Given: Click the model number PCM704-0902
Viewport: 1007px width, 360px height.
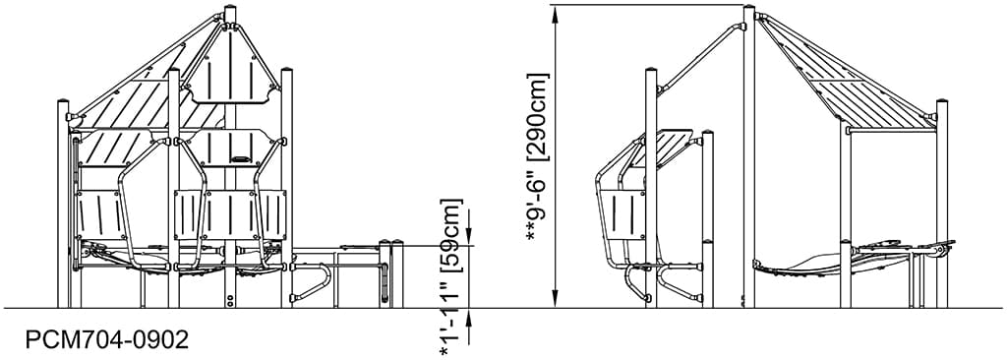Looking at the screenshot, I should click(x=107, y=339).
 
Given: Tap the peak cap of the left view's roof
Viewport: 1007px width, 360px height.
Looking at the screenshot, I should click(x=231, y=14).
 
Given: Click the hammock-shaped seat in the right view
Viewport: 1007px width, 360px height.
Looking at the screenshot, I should click(x=801, y=264).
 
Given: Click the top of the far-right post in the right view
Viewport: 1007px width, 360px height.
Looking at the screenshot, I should click(x=941, y=101).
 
